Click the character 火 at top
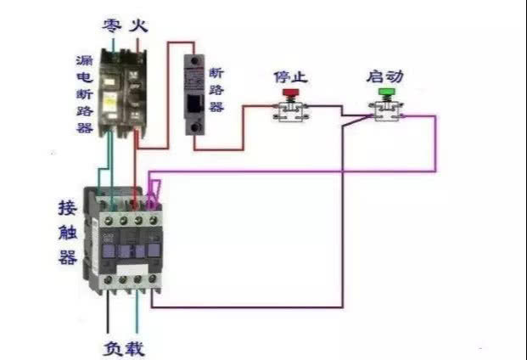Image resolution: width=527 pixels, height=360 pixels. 138,25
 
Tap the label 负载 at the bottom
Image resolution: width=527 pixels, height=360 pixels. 124,348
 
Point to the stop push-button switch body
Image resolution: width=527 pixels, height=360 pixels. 290,111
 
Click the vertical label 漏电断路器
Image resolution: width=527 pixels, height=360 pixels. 84,93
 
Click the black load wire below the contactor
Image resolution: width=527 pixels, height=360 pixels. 109,318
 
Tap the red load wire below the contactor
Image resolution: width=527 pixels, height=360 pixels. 137,318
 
